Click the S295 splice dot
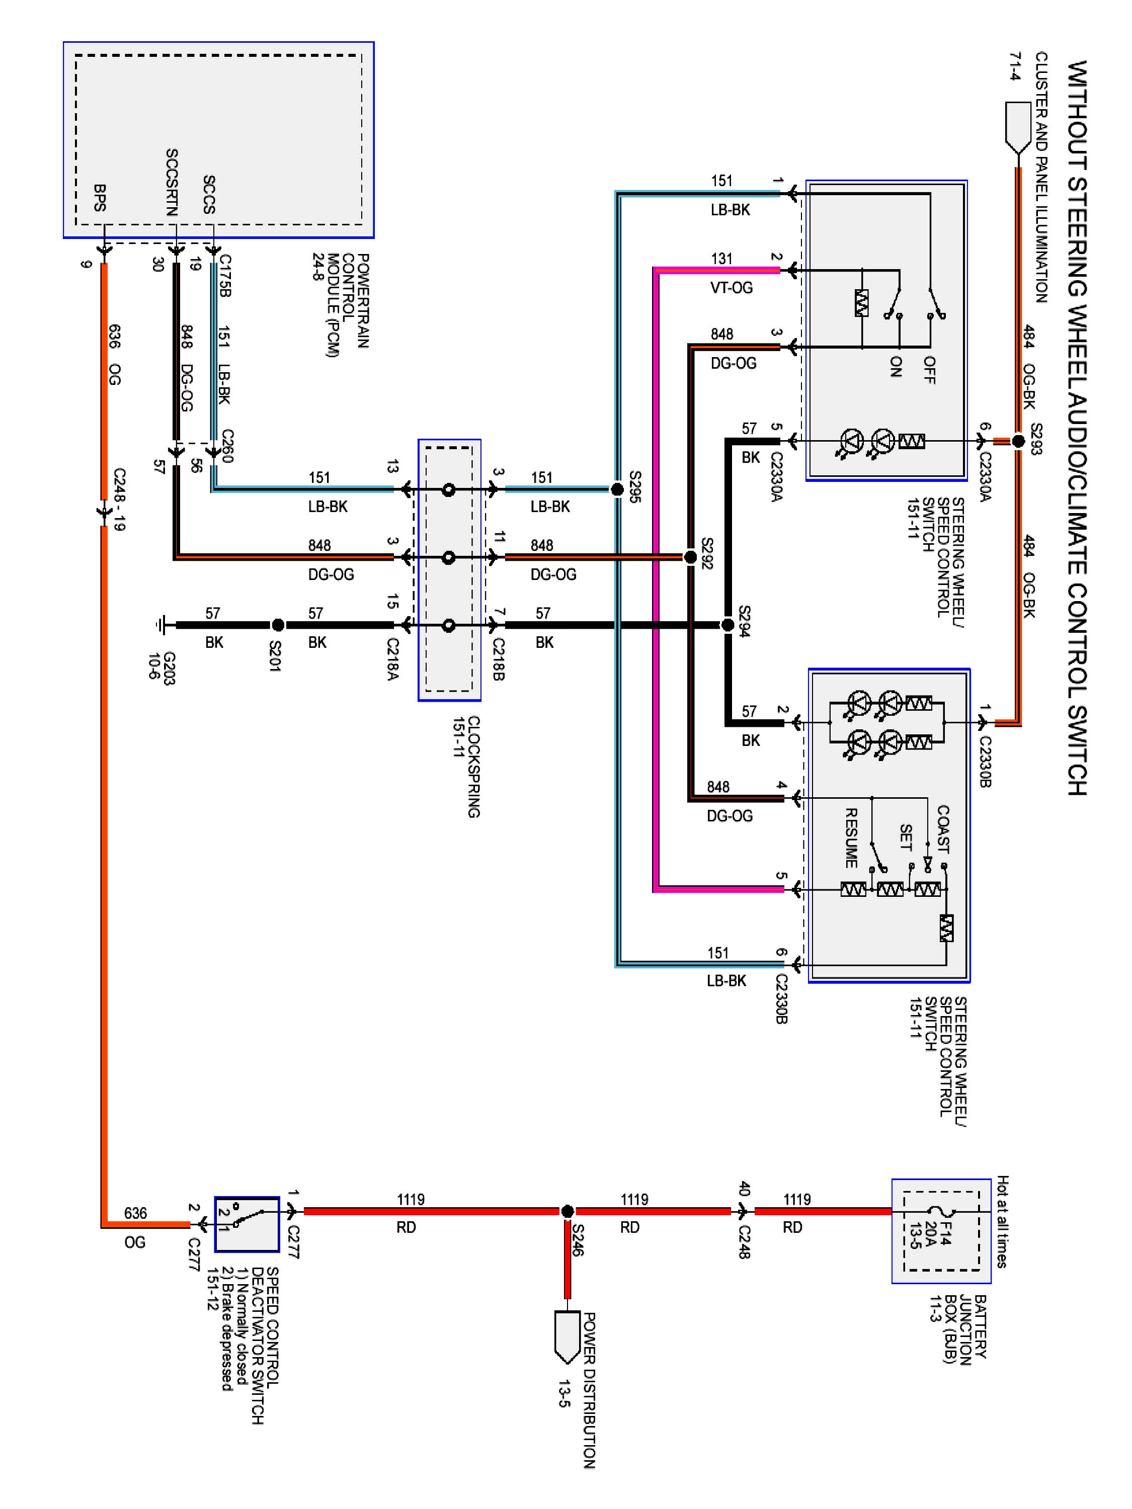coord(617,489)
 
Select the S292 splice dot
coord(691,557)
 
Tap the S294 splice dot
coord(728,625)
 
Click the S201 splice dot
coord(278,625)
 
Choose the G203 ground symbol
coord(161,625)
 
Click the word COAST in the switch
coord(943,829)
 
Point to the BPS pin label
coord(100,198)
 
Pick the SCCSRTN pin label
coord(172,183)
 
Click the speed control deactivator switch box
coord(247,1224)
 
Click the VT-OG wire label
coord(731,288)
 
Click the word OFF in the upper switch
coord(929,370)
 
